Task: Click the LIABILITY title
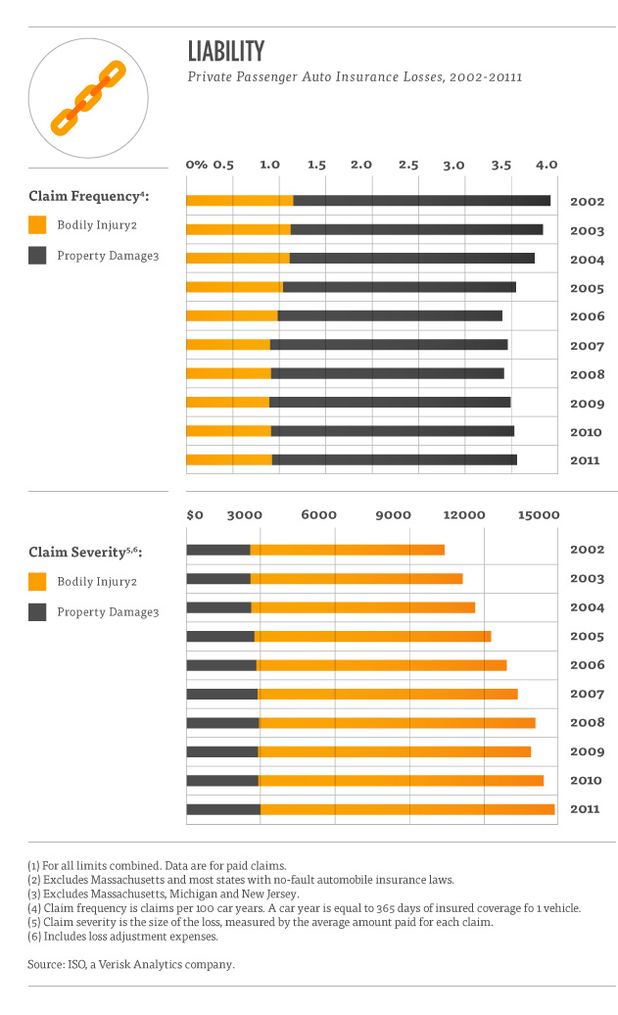pos(226,51)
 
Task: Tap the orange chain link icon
pos(88,97)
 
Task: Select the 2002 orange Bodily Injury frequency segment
pos(239,201)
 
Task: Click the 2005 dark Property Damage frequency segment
pos(399,287)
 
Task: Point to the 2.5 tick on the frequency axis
pos(408,165)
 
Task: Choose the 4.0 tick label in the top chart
pos(546,165)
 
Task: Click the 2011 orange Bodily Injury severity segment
pos(406,809)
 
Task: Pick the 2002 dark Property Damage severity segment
pos(218,551)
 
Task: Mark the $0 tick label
pos(195,514)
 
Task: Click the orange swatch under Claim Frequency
pos(37,225)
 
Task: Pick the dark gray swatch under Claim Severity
pos(37,612)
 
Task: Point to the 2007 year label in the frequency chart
pos(587,346)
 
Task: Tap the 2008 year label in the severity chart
pos(587,724)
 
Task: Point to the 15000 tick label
pos(538,514)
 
